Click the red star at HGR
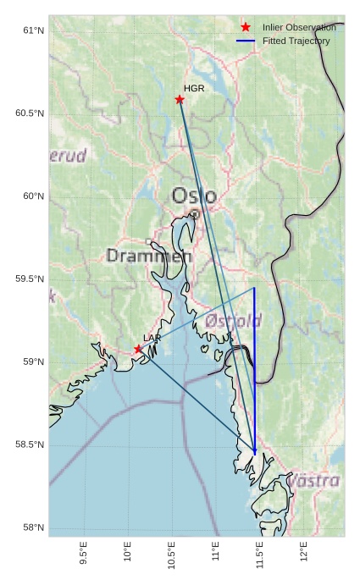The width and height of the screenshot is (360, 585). (x=180, y=100)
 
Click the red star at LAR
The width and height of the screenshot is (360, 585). (x=138, y=349)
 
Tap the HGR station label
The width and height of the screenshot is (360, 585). (x=194, y=88)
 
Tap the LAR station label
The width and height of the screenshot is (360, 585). (x=152, y=338)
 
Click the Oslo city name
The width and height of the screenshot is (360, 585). (x=194, y=196)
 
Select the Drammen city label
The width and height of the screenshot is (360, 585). (x=149, y=255)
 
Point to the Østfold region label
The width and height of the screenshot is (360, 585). (x=233, y=321)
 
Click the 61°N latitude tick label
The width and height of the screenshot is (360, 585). (x=33, y=31)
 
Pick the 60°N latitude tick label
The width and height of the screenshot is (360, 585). (x=33, y=196)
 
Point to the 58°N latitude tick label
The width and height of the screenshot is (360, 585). (x=33, y=528)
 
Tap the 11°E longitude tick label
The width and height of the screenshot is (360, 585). (x=216, y=551)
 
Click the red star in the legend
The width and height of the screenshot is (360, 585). (x=246, y=27)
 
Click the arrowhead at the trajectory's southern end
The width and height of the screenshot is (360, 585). (x=255, y=450)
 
